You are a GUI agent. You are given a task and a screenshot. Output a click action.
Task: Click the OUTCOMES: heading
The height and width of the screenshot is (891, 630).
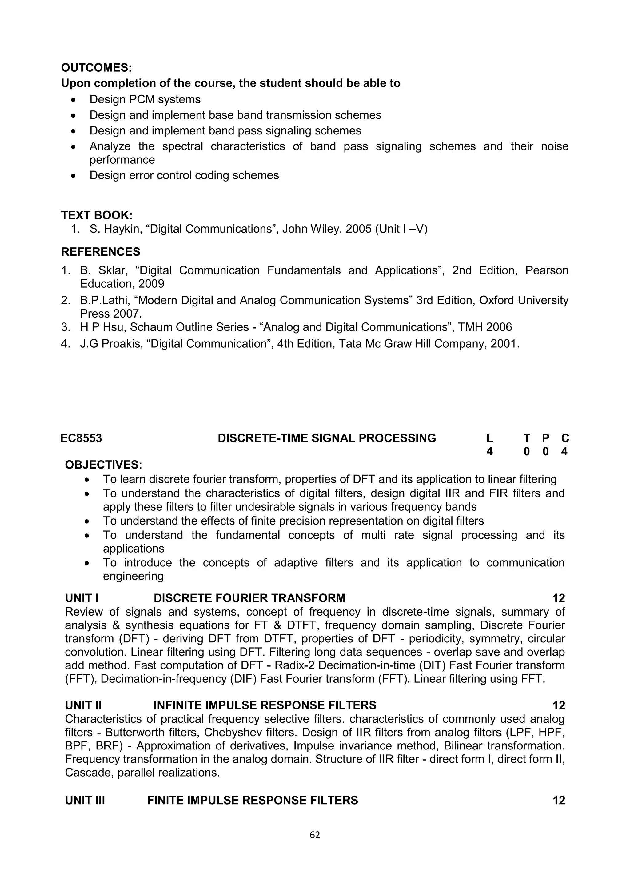click(x=96, y=68)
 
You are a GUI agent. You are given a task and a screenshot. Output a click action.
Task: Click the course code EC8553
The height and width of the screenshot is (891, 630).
click(x=81, y=438)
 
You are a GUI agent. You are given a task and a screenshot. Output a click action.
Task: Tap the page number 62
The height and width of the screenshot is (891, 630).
click(x=315, y=835)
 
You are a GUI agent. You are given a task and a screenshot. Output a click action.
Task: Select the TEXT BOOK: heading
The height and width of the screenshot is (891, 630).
click(x=97, y=215)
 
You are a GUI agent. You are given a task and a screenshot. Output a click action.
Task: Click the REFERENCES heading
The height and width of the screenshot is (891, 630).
click(x=101, y=252)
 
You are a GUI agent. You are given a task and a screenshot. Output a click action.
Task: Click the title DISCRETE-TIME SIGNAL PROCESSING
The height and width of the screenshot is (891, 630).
click(x=327, y=438)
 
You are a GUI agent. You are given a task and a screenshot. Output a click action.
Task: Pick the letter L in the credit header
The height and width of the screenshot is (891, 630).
click(x=489, y=438)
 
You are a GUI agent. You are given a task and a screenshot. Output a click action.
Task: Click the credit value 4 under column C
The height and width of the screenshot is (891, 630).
click(x=564, y=452)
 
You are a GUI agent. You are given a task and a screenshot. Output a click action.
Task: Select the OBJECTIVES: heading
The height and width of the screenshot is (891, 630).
click(x=104, y=465)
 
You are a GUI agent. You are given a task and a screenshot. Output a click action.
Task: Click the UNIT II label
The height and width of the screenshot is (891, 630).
click(x=83, y=705)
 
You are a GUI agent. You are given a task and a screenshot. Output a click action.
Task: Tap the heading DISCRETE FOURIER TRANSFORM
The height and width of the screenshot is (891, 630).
click(x=249, y=598)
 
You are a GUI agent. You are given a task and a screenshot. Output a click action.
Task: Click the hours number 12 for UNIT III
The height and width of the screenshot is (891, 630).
click(x=559, y=801)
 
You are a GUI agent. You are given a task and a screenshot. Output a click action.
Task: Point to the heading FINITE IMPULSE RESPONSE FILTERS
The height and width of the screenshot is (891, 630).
click(x=253, y=801)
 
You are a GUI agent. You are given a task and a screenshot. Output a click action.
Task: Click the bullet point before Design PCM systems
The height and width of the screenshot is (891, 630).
click(x=74, y=100)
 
